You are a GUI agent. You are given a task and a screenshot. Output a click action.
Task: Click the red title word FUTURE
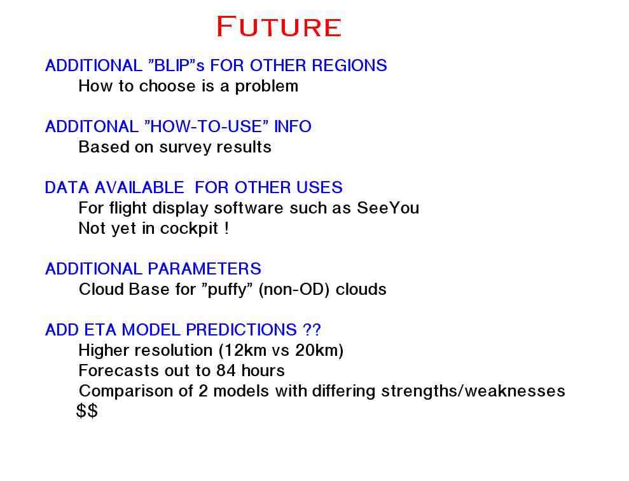279,27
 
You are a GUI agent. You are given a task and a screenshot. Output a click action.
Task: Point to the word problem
266,86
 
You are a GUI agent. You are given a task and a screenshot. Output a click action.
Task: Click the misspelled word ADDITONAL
92,126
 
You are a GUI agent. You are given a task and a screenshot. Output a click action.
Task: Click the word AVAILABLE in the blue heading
139,187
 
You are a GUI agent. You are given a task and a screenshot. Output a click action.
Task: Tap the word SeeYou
388,208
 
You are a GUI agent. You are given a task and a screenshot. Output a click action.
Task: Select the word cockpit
189,229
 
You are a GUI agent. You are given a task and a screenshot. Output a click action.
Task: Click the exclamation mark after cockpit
226,228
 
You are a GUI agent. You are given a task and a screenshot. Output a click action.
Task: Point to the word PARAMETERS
205,269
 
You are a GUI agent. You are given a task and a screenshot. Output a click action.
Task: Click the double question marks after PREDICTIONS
312,330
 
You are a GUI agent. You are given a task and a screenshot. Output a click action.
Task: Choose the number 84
226,371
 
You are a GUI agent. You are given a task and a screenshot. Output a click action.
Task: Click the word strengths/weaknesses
473,391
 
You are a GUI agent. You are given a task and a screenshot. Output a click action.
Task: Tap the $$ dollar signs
87,411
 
